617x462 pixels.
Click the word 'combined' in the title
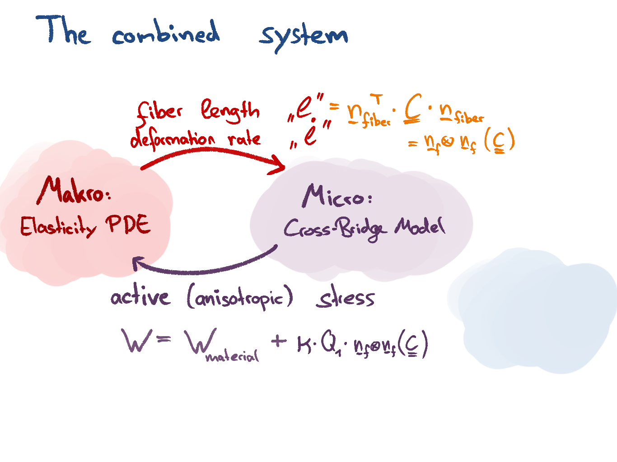pos(166,32)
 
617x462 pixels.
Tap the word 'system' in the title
pos(303,36)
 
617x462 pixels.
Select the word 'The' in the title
pos(63,31)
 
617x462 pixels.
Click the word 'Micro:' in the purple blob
pos(337,197)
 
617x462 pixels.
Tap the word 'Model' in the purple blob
pos(420,227)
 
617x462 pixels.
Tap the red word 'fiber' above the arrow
pos(159,112)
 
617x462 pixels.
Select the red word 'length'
pos(230,111)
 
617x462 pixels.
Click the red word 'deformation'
pos(172,139)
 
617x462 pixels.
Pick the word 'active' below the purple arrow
pos(140,298)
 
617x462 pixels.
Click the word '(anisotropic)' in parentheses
pos(240,299)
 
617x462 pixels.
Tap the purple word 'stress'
pos(345,299)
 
